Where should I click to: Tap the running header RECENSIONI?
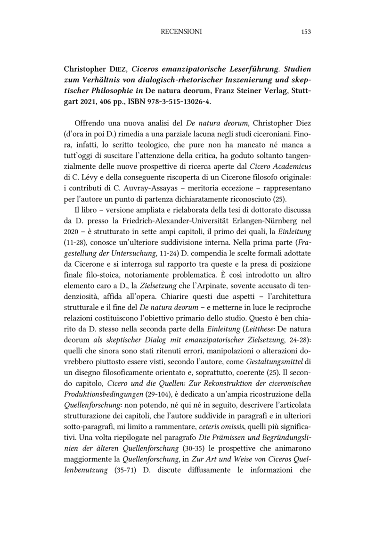point(181,32)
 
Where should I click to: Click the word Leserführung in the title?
point(244,70)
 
